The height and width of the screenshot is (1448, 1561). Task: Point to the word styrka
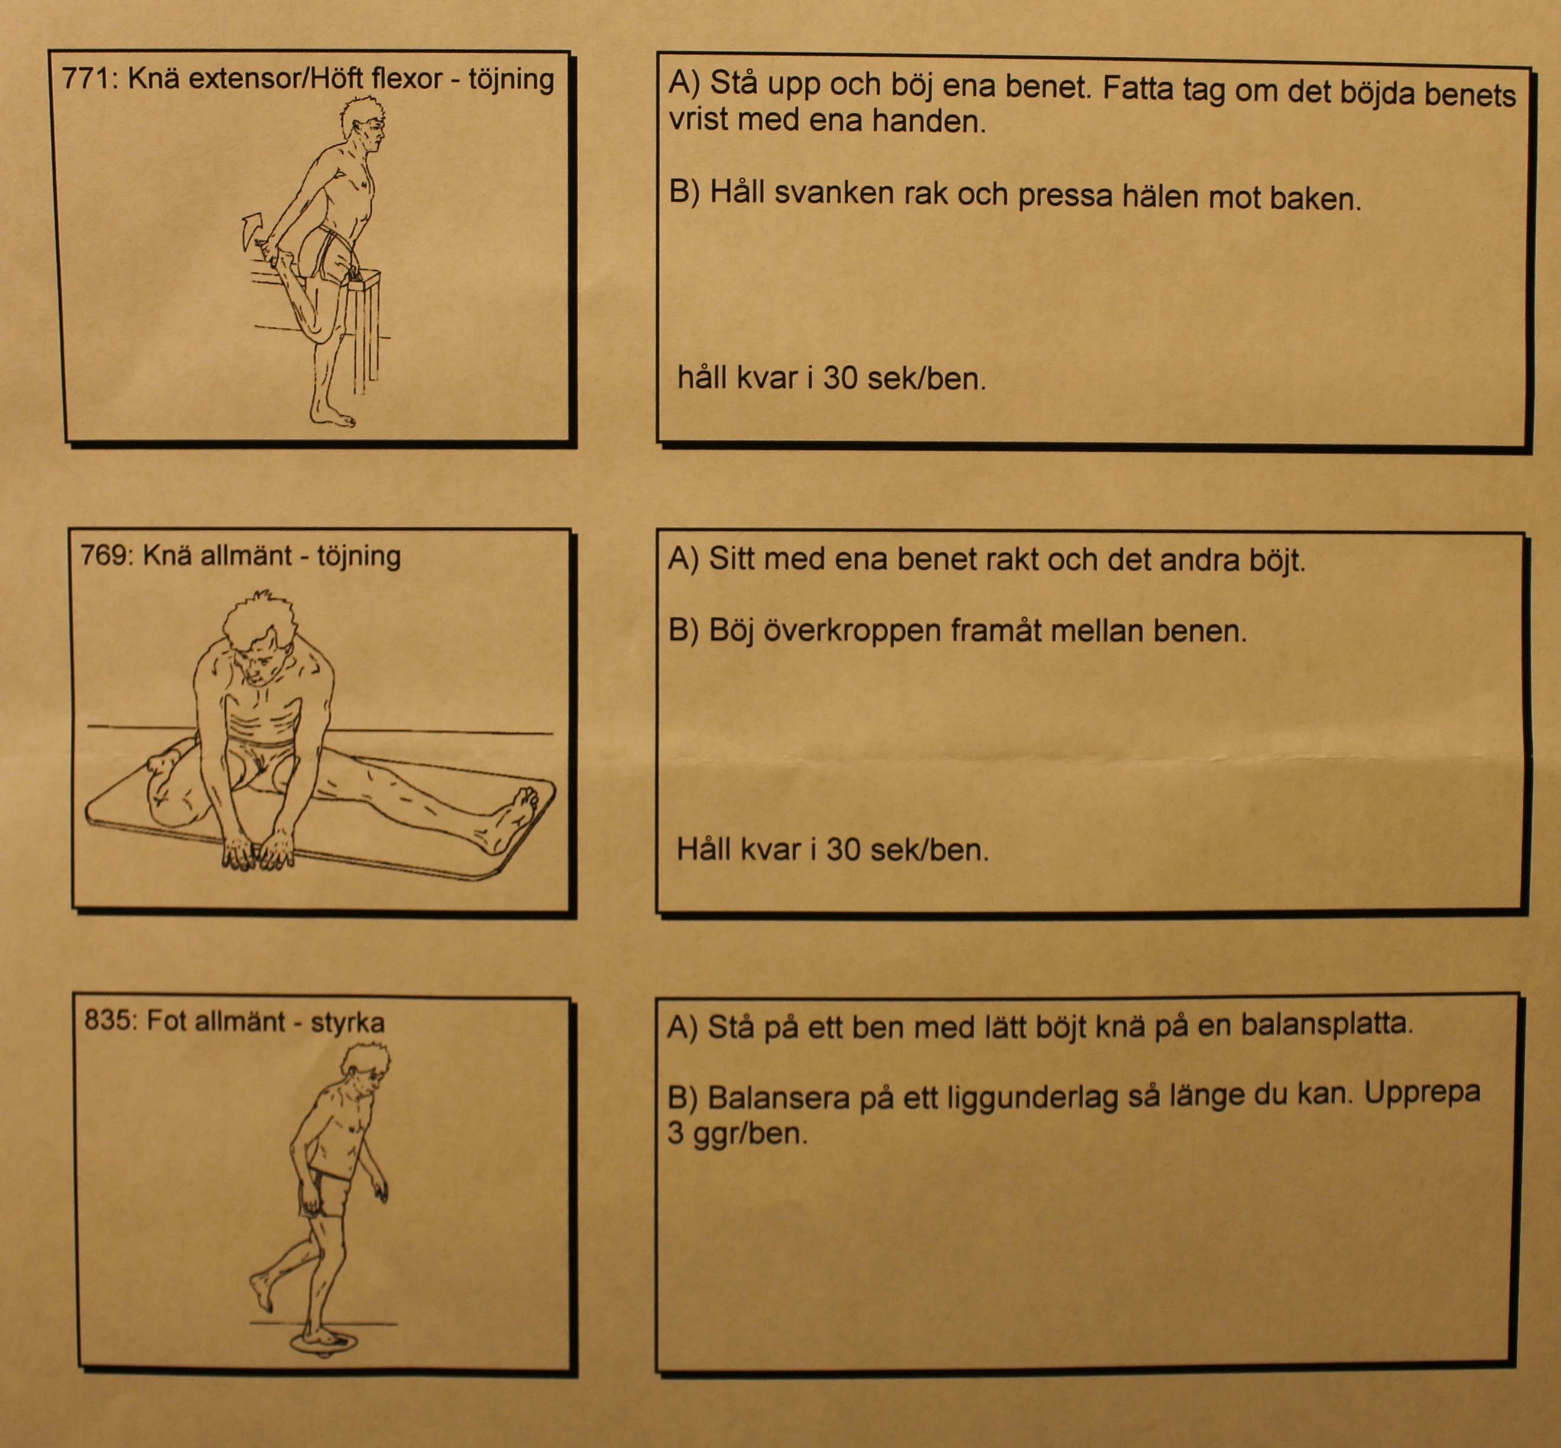[x=348, y=1024]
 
